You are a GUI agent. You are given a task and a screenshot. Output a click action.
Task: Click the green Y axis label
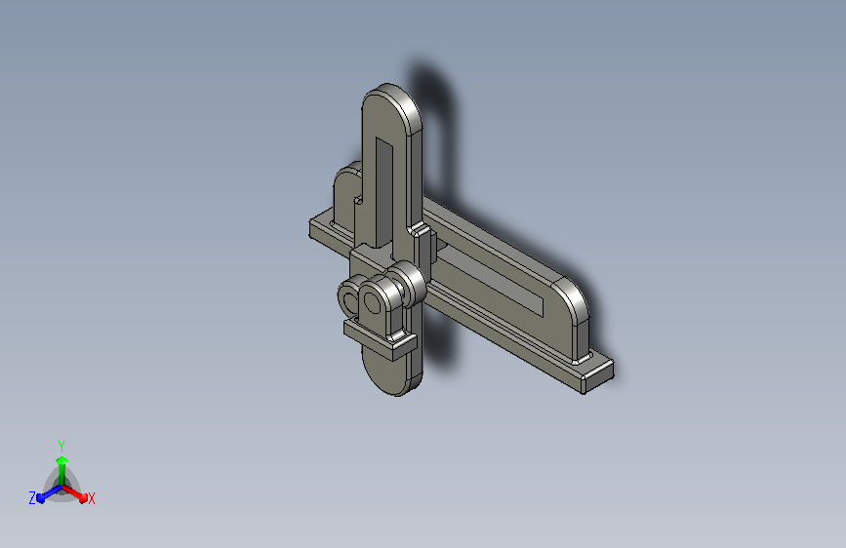tap(60, 446)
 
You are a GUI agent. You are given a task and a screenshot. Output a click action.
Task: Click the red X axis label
tap(91, 498)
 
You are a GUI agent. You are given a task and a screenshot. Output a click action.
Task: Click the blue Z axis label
tap(32, 498)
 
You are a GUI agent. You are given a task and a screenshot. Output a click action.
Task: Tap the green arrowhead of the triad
tap(62, 460)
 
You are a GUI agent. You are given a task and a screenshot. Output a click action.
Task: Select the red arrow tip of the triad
tap(83, 498)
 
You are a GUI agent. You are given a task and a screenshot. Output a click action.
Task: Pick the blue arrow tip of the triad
tap(41, 498)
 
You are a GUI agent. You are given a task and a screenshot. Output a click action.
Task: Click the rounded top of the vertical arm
tap(390, 99)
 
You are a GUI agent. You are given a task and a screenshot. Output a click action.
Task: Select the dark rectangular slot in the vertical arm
tap(383, 191)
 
